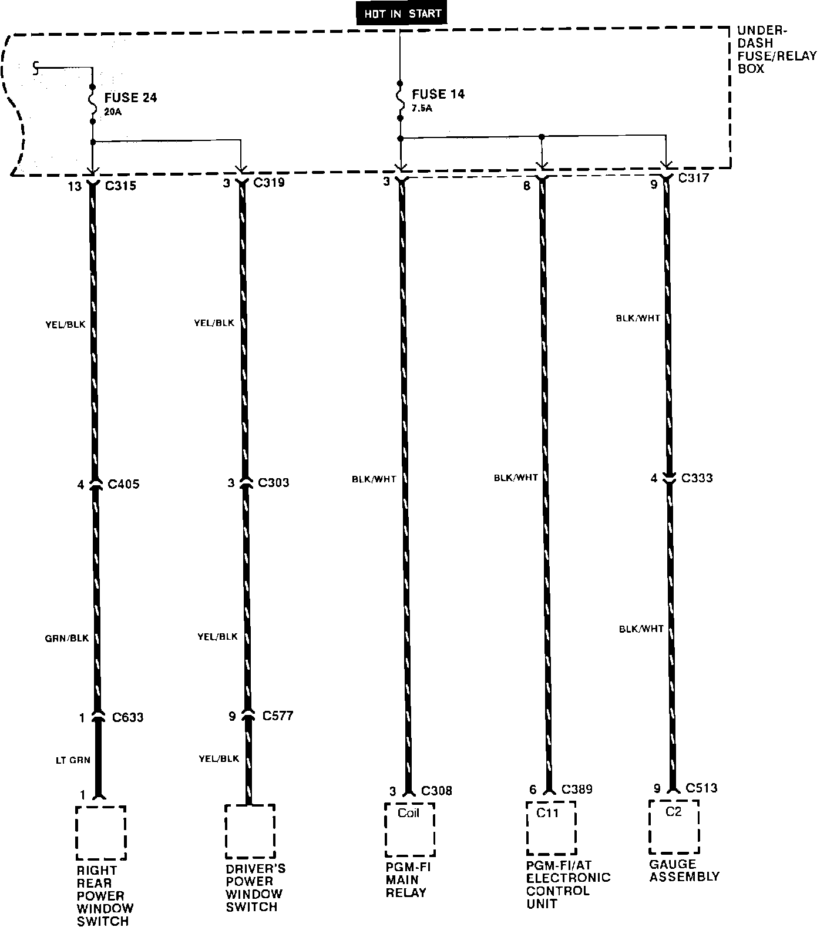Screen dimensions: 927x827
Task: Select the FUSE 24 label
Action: pyautogui.click(x=130, y=98)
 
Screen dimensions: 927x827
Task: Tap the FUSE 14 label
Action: pyautogui.click(x=438, y=94)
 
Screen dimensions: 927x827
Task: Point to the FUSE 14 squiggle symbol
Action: pyautogui.click(x=400, y=100)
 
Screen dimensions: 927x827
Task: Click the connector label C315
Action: pyautogui.click(x=120, y=186)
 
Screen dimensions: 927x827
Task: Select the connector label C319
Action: pyautogui.click(x=269, y=183)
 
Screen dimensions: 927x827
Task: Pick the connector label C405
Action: pyautogui.click(x=124, y=485)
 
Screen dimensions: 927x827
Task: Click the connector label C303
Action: pyautogui.click(x=274, y=483)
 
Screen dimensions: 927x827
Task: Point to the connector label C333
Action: pyautogui.click(x=697, y=478)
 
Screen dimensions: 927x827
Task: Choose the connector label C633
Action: pyautogui.click(x=127, y=717)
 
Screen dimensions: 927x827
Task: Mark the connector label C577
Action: pyautogui.click(x=278, y=716)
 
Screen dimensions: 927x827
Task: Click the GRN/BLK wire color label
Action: pyautogui.click(x=66, y=638)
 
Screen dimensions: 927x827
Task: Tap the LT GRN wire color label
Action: pyautogui.click(x=73, y=760)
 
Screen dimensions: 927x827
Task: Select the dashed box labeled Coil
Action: pyautogui.click(x=409, y=829)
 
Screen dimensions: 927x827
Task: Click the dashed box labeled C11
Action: pyautogui.click(x=551, y=828)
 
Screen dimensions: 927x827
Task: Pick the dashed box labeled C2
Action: pyautogui.click(x=674, y=827)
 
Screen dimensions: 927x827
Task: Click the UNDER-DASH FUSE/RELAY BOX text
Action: pyautogui.click(x=776, y=50)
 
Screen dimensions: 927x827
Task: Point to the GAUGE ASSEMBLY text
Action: pyautogui.click(x=684, y=871)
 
